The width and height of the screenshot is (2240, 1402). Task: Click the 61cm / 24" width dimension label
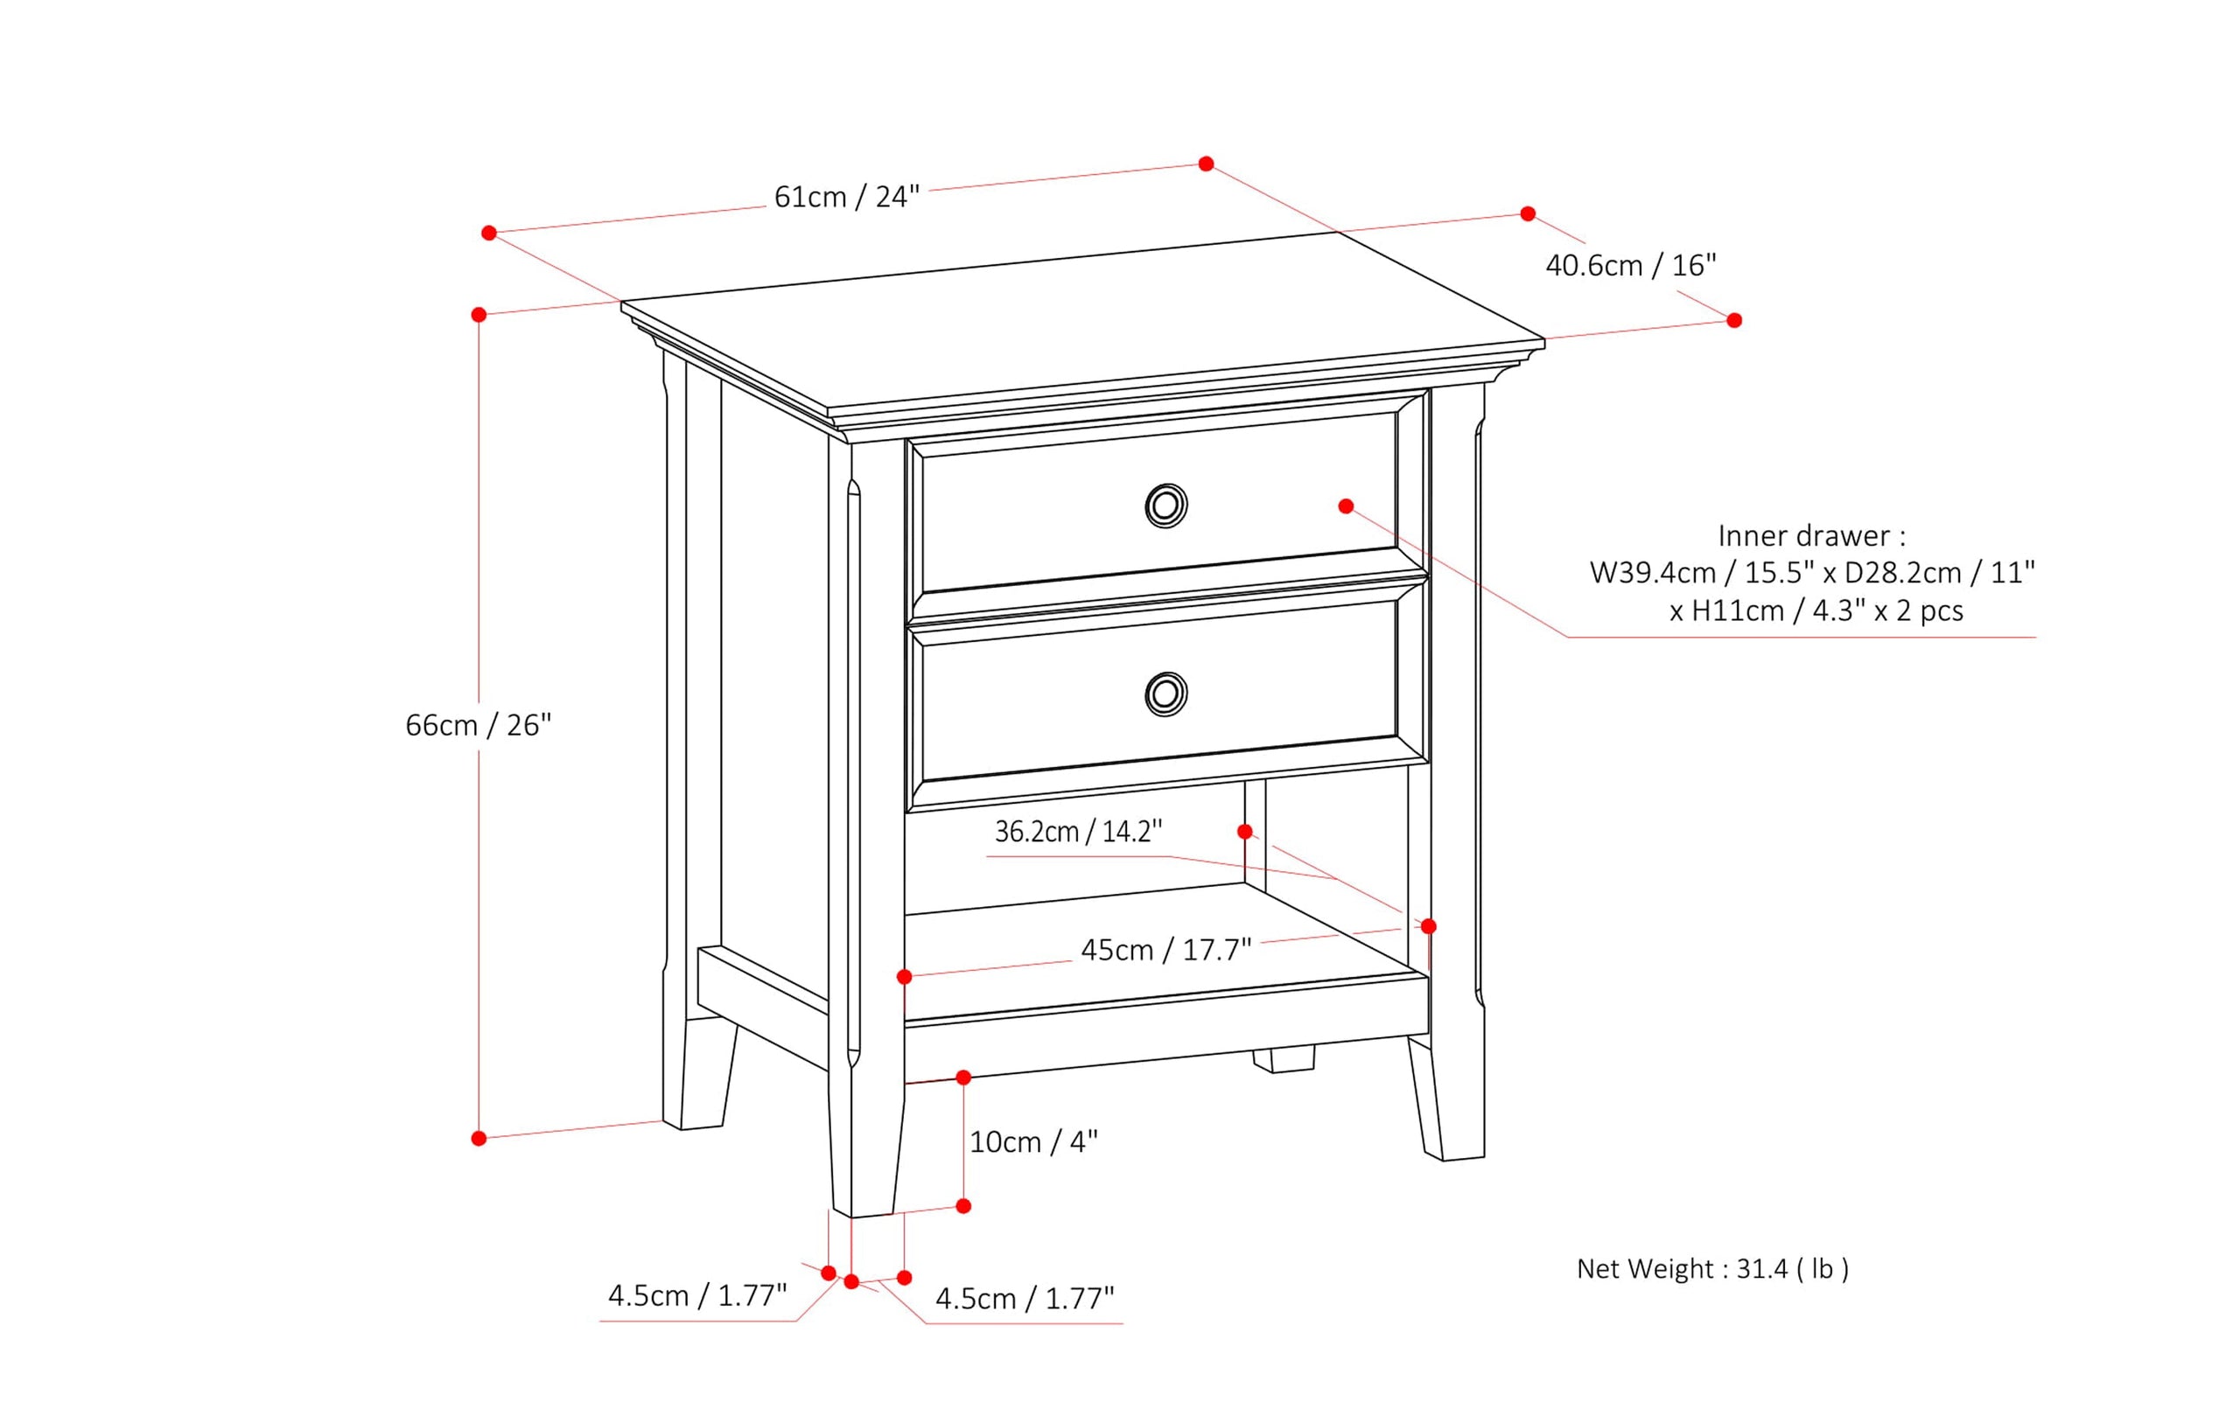click(x=846, y=197)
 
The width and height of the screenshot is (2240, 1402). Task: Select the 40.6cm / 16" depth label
click(x=1629, y=265)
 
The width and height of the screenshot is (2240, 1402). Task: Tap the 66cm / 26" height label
click(x=478, y=725)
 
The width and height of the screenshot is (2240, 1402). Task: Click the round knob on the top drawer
click(x=1165, y=506)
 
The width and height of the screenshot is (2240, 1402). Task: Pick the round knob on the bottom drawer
click(x=1165, y=694)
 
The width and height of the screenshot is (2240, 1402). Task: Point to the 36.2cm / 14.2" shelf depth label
click(x=1077, y=831)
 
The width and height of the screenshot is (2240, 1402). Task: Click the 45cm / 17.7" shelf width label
click(x=1165, y=950)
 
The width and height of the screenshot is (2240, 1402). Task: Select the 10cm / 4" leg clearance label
click(x=1032, y=1141)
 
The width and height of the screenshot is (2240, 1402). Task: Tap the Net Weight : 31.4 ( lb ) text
click(x=1712, y=1268)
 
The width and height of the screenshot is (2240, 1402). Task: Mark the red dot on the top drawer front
click(x=1346, y=506)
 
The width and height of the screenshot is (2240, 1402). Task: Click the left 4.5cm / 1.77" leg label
click(x=696, y=1295)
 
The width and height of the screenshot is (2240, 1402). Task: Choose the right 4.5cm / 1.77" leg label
click(x=1024, y=1298)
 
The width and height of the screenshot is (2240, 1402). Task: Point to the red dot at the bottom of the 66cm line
click(x=479, y=1138)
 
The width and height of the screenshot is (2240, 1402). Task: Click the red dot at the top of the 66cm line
click(x=479, y=314)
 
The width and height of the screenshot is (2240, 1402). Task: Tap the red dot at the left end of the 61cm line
click(x=489, y=233)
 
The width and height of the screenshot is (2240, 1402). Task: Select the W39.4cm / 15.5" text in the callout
click(x=1701, y=573)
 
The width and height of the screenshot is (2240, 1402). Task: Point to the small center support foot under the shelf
click(x=1283, y=1059)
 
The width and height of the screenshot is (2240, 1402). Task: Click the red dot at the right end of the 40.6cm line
click(x=1733, y=320)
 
